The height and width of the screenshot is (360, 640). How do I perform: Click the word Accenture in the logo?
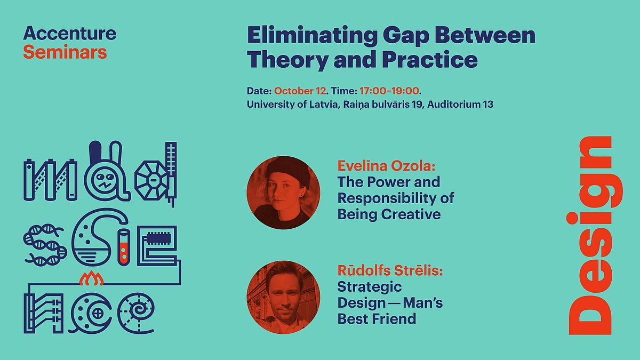pos(70,33)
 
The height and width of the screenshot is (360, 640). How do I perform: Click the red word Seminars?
pos(65,52)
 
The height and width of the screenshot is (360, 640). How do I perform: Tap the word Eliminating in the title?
pos(312,35)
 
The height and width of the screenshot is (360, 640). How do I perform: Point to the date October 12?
pos(300,91)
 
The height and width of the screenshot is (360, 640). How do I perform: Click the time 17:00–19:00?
pos(389,91)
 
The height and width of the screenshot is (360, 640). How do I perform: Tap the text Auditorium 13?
pos(460,105)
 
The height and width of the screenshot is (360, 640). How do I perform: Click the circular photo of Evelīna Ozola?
pos(283,193)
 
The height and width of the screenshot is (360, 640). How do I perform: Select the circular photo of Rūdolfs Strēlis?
pos(283,297)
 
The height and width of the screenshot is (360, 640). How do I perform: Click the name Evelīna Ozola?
pos(386,166)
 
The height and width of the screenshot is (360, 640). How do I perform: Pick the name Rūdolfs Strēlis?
pos(390,270)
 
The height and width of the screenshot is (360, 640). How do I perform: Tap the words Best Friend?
pos(377,319)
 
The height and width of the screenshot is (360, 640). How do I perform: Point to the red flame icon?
pos(91,278)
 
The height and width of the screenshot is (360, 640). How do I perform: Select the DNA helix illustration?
pos(45,245)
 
